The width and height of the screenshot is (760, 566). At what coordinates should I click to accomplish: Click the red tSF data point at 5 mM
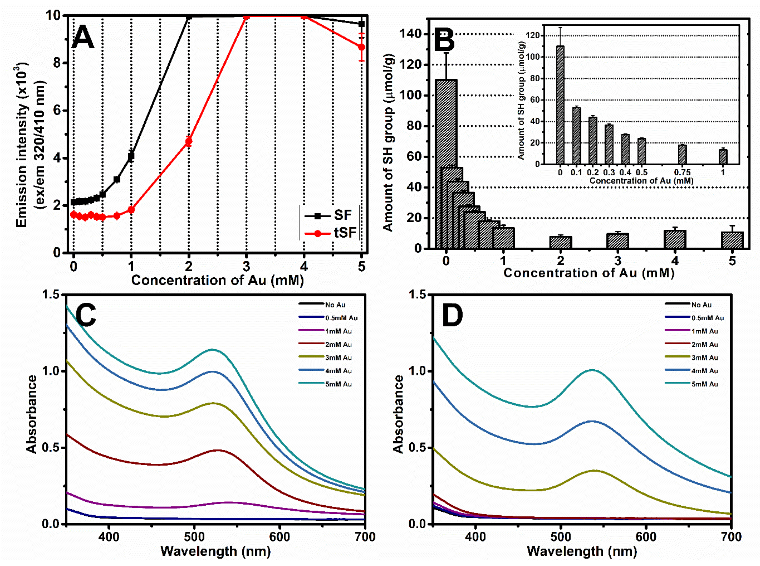(x=361, y=47)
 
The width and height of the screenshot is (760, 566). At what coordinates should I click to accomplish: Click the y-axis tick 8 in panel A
(x=57, y=63)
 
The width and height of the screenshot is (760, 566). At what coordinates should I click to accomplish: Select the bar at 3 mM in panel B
(x=617, y=241)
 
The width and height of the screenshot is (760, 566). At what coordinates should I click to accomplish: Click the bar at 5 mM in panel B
(x=732, y=240)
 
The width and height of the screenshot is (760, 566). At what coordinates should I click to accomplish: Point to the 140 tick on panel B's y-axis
(x=411, y=34)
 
